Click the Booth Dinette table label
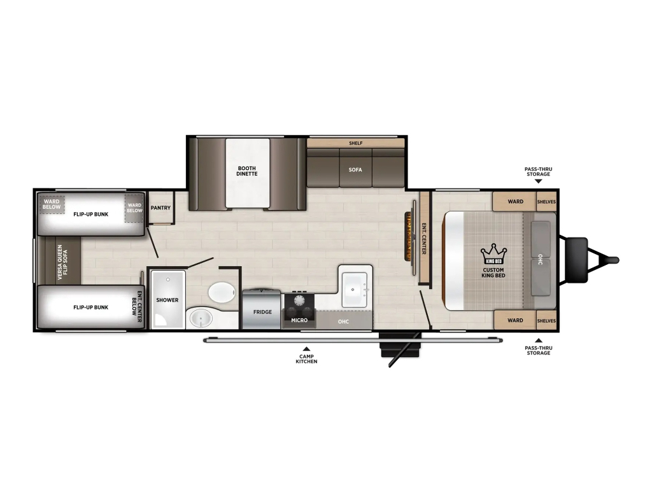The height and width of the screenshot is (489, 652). (x=247, y=171)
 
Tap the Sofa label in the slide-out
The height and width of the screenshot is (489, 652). (x=355, y=169)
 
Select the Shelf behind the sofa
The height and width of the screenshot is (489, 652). (x=355, y=143)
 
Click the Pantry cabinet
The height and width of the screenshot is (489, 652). (x=160, y=208)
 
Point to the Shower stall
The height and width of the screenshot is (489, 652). (x=167, y=299)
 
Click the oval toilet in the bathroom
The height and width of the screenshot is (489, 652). (x=221, y=293)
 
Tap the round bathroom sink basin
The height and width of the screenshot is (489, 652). (x=201, y=319)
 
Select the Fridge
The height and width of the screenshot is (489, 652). (x=262, y=310)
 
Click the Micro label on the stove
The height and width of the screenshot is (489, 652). (x=299, y=320)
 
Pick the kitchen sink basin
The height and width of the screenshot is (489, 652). (x=353, y=290)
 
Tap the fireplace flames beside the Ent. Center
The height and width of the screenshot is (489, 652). (x=408, y=236)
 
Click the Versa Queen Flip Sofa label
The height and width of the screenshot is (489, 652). (x=63, y=262)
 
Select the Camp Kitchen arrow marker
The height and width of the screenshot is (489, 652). (x=306, y=349)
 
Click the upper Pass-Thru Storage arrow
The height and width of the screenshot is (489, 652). (x=539, y=181)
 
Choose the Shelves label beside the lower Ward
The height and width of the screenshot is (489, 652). (x=546, y=321)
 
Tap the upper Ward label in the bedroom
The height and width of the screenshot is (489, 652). (x=516, y=202)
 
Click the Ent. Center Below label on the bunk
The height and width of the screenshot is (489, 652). (x=138, y=307)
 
